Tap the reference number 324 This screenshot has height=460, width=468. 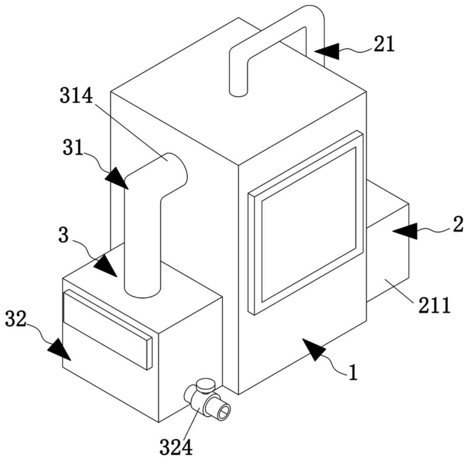(176, 447)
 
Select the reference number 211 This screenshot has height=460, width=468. (434, 305)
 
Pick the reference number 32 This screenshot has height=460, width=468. (16, 319)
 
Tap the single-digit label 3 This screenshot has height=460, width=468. (64, 236)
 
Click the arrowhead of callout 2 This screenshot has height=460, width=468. (405, 231)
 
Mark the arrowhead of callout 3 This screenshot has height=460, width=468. (105, 265)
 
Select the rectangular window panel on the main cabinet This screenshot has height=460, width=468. (306, 223)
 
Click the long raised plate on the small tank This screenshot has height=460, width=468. (108, 329)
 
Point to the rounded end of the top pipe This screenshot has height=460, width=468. (238, 93)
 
